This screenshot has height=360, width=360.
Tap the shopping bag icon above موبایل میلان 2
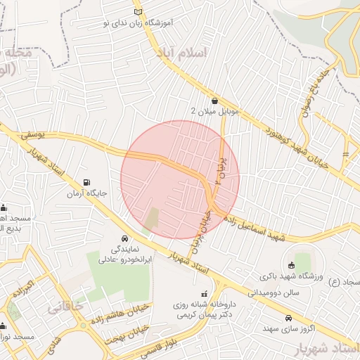click(x=214, y=100)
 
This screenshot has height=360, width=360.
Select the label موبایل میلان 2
click(x=216, y=111)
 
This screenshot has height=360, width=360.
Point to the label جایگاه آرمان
click(x=86, y=193)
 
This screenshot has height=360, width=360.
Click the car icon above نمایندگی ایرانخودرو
click(x=124, y=238)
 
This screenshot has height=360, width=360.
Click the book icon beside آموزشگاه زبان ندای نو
click(x=138, y=12)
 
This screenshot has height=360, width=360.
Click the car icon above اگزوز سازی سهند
click(x=289, y=318)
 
